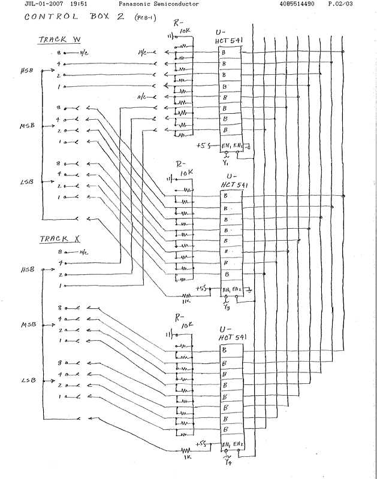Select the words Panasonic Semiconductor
tap(158, 4)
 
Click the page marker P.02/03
tap(340, 4)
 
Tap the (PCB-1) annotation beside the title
tap(144, 19)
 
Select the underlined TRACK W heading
tap(59, 41)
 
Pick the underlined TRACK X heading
tap(60, 239)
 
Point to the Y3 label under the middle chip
tap(226, 308)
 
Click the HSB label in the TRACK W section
tap(26, 71)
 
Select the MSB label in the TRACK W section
tap(28, 127)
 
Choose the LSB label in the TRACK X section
tap(27, 380)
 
